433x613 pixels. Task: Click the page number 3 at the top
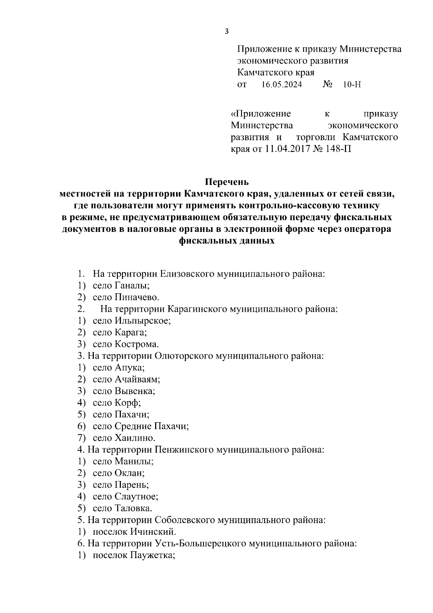tap(227, 31)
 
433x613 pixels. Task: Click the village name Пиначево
tap(137, 297)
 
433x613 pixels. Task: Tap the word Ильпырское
tap(143, 321)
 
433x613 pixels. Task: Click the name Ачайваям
tap(137, 379)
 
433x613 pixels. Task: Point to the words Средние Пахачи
tap(152, 426)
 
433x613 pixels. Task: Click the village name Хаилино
tap(135, 438)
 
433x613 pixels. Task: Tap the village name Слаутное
tap(136, 497)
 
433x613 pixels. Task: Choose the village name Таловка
tap(133, 509)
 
